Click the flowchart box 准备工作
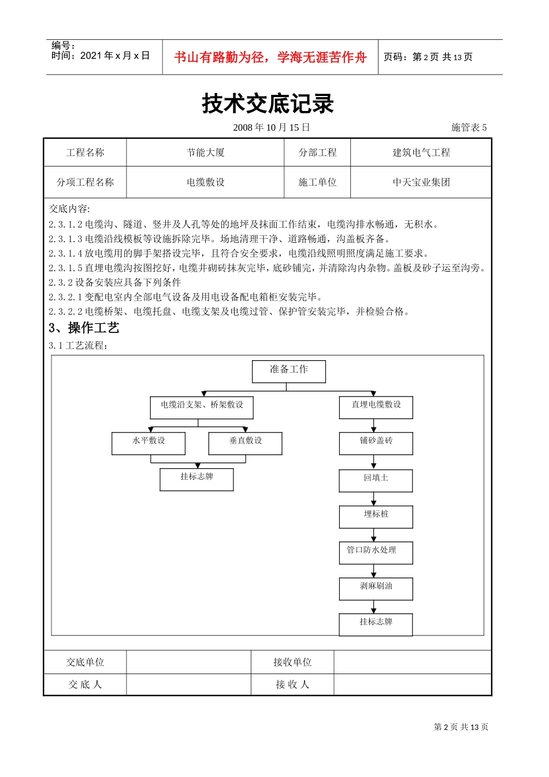[289, 371]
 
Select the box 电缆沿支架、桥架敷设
[202, 408]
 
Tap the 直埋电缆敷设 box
[376, 407]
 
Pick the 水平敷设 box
[149, 443]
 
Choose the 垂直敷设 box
[245, 443]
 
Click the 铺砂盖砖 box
[376, 443]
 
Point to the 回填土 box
[376, 480]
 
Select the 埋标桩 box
[376, 516]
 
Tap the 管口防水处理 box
[376, 552]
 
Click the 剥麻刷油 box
[376, 588]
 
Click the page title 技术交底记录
[268, 104]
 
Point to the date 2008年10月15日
[272, 127]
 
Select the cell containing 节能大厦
[205, 153]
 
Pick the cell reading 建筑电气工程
[421, 153]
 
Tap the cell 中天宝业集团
[421, 182]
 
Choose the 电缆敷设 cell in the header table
[205, 182]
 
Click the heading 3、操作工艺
[84, 328]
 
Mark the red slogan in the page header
[270, 57]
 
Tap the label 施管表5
[469, 127]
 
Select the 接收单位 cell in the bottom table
[292, 662]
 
